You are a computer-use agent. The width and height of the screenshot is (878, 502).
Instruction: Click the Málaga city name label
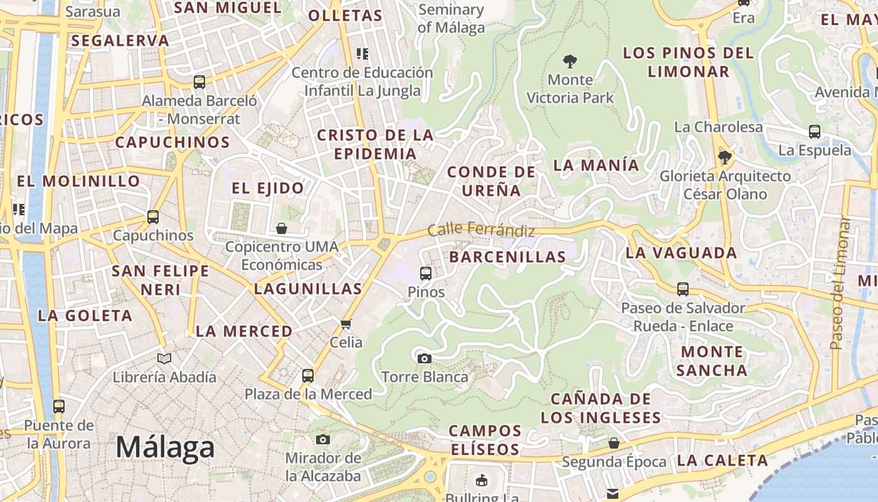tap(165, 447)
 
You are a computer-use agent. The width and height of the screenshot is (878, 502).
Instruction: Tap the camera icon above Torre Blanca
tap(425, 358)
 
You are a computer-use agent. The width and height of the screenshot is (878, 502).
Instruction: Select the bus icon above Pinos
tap(425, 273)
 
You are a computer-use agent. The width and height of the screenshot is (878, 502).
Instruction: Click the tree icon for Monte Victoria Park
tap(569, 61)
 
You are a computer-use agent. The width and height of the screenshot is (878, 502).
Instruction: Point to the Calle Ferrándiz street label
tap(481, 230)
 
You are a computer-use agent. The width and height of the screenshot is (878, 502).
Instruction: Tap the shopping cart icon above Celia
tap(346, 324)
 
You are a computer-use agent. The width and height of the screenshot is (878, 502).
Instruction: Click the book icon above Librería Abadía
tap(164, 358)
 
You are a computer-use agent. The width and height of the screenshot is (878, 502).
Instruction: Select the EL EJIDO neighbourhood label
tap(268, 188)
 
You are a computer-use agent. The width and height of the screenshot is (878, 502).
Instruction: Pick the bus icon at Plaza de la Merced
tap(307, 375)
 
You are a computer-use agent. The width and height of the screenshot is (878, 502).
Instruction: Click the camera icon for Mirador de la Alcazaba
tap(323, 439)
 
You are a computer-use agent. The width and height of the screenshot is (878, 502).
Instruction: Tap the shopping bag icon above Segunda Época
tap(614, 444)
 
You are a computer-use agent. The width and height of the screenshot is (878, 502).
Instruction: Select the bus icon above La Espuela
tap(814, 132)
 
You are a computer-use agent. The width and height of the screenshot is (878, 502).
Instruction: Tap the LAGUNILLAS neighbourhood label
tap(308, 289)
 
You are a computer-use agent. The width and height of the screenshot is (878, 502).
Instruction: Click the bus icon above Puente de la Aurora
tap(58, 406)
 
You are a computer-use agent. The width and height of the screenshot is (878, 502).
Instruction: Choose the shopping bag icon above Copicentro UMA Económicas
tap(282, 228)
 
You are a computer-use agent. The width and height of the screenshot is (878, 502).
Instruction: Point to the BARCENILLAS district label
tap(507, 257)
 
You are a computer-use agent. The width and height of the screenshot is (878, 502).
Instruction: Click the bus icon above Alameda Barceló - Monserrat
tap(199, 82)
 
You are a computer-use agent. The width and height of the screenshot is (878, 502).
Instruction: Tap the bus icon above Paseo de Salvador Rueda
tap(682, 289)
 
